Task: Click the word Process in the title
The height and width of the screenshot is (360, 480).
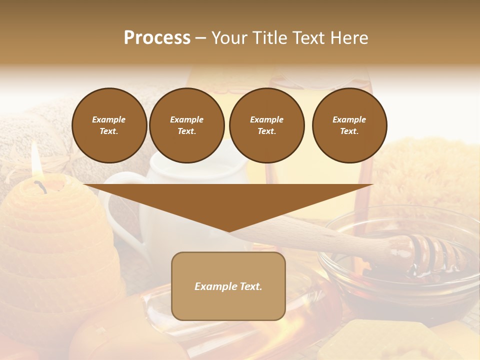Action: click(157, 38)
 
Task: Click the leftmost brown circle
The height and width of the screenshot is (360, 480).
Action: click(109, 125)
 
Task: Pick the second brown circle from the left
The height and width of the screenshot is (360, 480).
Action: click(187, 125)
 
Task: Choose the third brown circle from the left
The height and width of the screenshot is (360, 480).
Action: click(267, 125)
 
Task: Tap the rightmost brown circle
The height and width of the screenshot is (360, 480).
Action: click(349, 125)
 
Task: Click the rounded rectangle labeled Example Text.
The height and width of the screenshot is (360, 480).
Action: click(228, 286)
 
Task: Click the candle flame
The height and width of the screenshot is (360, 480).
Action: click(35, 162)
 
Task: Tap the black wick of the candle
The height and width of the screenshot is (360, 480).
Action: click(40, 186)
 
